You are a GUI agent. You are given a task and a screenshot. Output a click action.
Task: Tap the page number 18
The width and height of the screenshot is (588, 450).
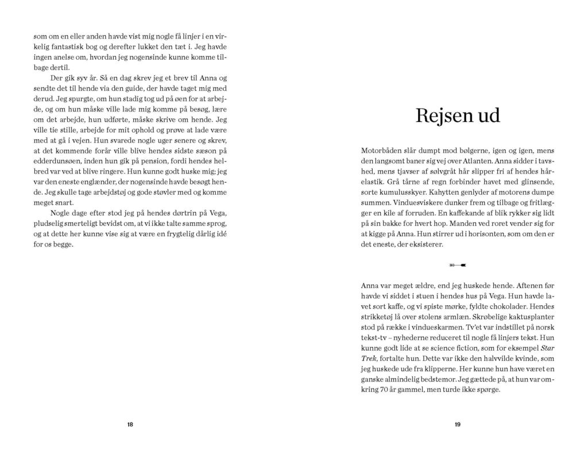click(130, 425)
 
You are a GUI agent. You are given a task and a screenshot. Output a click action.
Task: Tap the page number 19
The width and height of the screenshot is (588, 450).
click(458, 425)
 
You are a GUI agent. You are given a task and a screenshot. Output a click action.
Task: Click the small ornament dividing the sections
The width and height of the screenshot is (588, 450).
click(458, 265)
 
